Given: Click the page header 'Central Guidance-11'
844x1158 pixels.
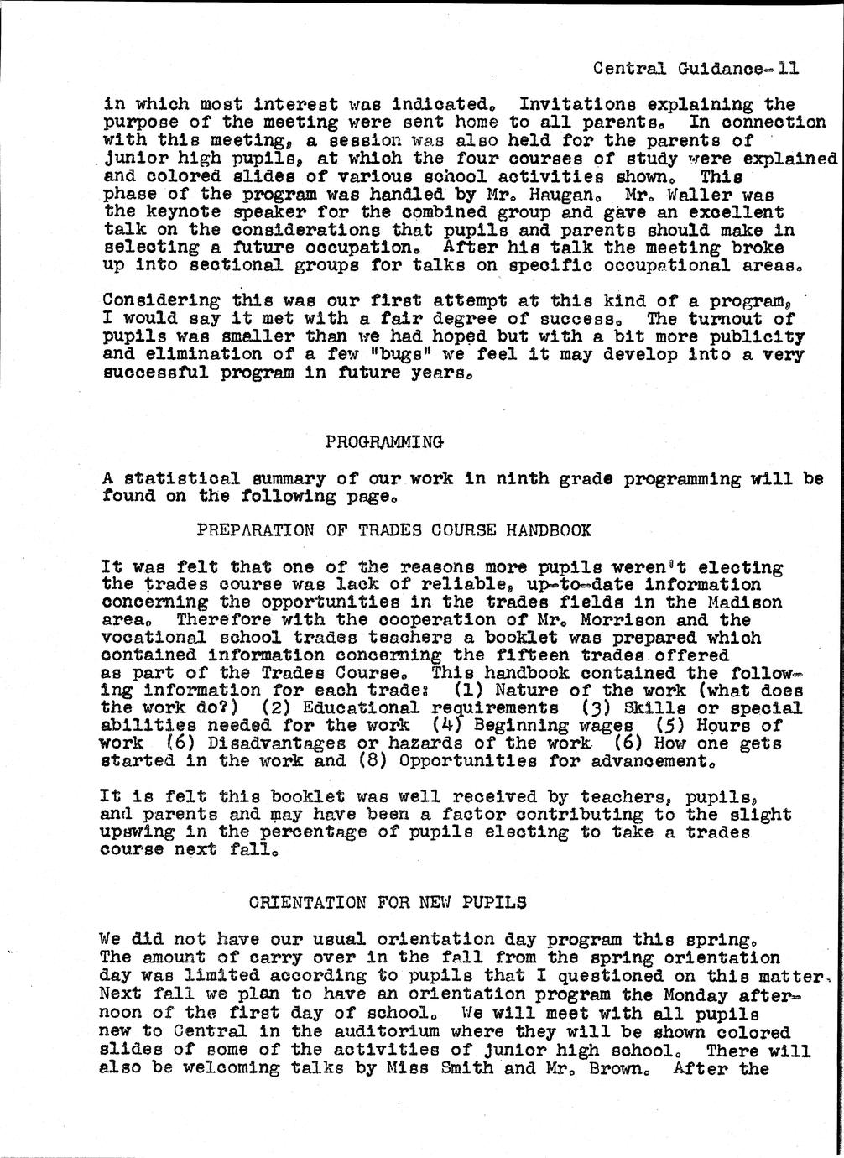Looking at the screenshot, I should pos(696,69).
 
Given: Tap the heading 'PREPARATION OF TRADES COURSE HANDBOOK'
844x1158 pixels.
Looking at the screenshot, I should pos(393,530).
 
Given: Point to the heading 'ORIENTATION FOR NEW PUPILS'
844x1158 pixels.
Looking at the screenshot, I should pos(388,903).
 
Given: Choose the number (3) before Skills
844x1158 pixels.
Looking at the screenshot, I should pos(592,708).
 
